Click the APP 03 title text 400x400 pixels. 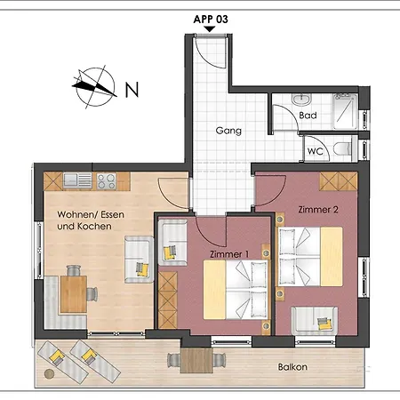point(211,20)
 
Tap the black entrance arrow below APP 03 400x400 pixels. point(210,29)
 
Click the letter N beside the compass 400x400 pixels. point(132,90)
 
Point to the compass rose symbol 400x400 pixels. point(95,87)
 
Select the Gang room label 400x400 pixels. point(228,131)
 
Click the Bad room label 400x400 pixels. point(308,116)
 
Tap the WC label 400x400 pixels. point(316,151)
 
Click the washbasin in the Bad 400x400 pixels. point(301,100)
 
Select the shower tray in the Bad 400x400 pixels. point(345,111)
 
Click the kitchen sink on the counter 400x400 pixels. point(77,181)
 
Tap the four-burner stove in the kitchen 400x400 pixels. point(106,181)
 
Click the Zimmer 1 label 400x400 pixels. point(229,254)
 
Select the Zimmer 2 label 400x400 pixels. point(318,210)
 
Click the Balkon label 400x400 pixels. point(292,367)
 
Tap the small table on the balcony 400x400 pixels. point(196,360)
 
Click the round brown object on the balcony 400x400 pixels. point(50,373)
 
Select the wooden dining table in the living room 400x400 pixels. point(74,294)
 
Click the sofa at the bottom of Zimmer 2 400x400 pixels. point(315,321)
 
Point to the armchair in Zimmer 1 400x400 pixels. point(172,243)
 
